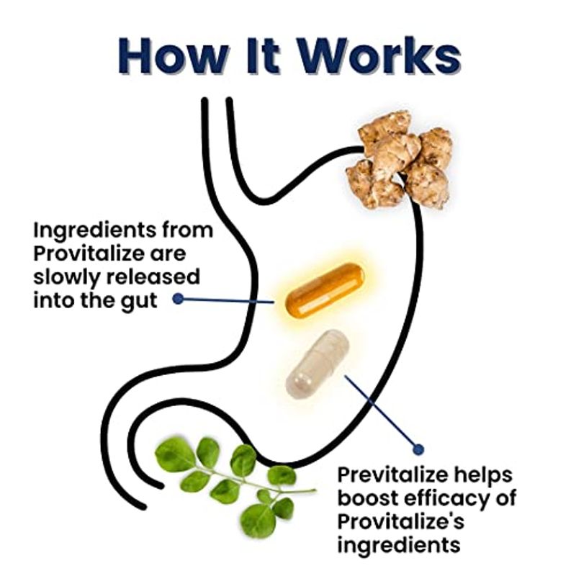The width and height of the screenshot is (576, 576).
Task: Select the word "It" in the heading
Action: (263, 55)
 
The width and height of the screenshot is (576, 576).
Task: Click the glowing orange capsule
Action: (325, 290)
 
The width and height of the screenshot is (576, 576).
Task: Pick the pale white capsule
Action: (318, 364)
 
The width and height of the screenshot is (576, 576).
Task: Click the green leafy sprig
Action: (235, 485)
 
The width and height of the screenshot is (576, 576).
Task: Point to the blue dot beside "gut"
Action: (178, 299)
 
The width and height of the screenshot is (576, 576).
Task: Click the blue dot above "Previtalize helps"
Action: (418, 449)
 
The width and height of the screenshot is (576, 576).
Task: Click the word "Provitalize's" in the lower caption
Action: (401, 521)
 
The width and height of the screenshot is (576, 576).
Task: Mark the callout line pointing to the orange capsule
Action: (228, 300)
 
